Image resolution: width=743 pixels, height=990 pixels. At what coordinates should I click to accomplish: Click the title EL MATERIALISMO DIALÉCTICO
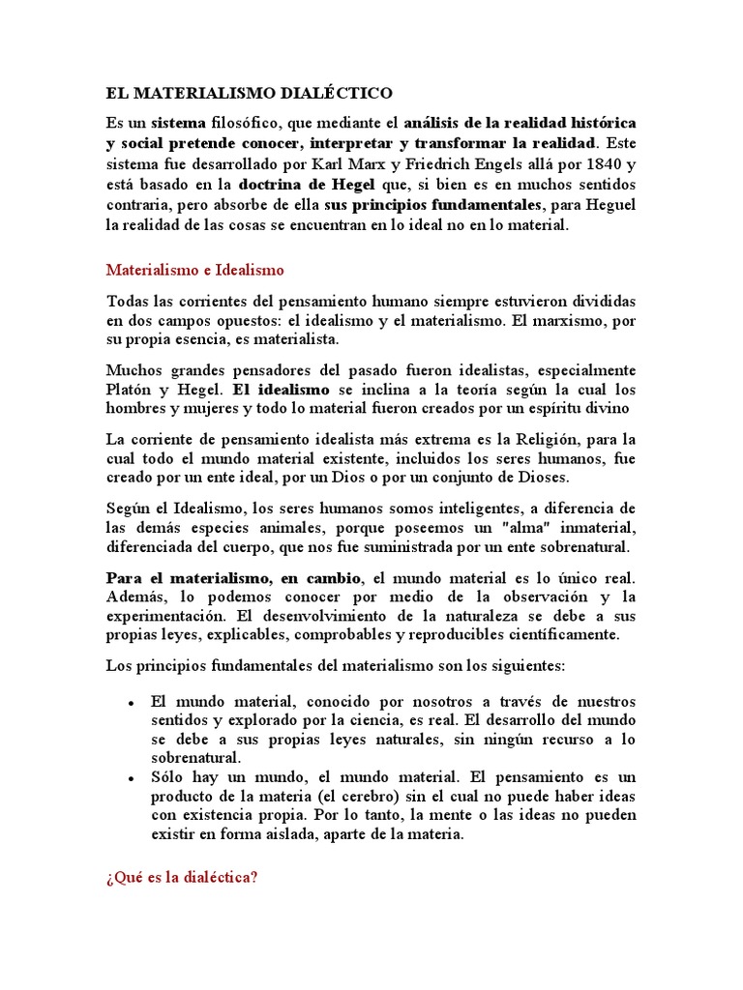[x=250, y=94]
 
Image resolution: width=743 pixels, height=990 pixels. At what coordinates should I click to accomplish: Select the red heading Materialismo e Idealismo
[x=194, y=271]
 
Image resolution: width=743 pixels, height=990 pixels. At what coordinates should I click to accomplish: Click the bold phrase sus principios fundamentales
[x=432, y=204]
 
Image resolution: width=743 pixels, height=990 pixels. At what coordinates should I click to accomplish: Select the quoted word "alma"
[x=500, y=527]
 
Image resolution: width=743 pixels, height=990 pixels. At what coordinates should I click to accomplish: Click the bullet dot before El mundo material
[x=130, y=703]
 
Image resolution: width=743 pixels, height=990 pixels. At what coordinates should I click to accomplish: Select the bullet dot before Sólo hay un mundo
[x=130, y=778]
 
